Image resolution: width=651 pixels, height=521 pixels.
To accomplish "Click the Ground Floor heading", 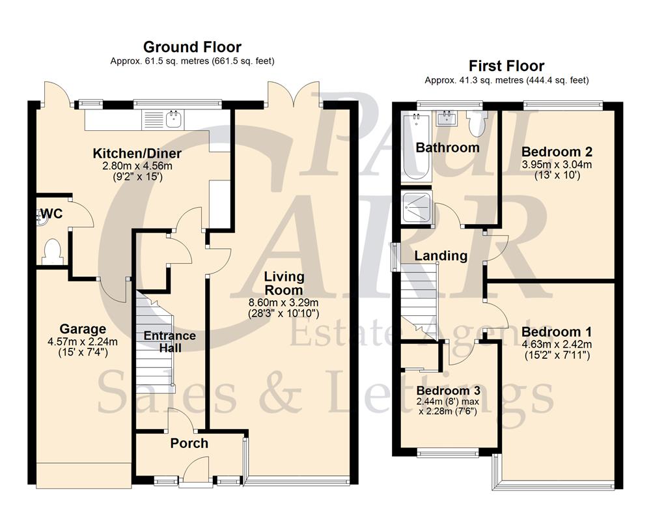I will pos(192,47).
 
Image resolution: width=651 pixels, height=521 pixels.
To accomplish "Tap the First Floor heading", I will pos(506,66).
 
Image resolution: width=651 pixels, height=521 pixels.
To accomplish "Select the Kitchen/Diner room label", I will pos(137,154).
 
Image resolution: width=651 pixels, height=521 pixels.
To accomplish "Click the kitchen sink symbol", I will pos(174,119).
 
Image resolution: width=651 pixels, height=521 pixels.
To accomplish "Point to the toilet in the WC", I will pos(51,252).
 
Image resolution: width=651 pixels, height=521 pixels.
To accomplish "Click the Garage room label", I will pos(82,329).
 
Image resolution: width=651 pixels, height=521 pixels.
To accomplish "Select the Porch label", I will pos(189,444).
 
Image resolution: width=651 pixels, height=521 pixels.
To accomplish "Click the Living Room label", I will pos(284,283).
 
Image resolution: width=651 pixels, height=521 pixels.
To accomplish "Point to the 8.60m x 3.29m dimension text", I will pos(283,302).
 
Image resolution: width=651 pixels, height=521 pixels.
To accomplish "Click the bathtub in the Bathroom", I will pos(414,147).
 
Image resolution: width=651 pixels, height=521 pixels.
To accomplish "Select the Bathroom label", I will pos(448,147).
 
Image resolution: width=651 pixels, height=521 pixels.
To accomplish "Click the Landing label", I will pos(441,256).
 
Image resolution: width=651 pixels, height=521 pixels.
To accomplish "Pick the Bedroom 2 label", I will pos(557,152).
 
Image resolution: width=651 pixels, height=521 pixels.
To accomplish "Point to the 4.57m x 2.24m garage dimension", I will pos(82,341).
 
